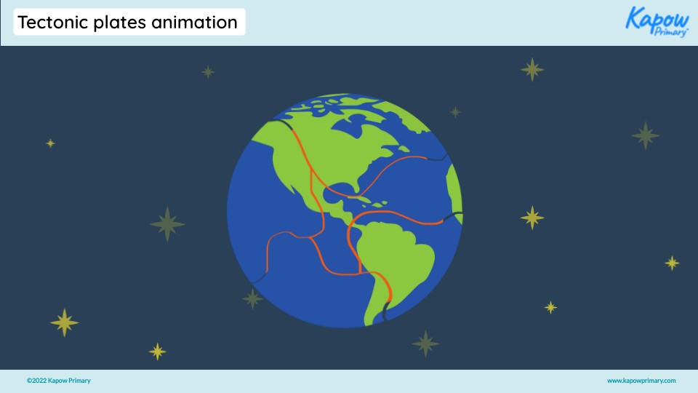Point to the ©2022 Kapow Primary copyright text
click(59, 381)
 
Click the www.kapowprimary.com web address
click(641, 381)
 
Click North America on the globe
click(320, 153)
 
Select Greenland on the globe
click(396, 116)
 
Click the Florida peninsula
click(357, 188)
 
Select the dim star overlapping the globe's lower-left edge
click(252, 298)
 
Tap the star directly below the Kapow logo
click(645, 135)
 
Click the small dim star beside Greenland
click(455, 112)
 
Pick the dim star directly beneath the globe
click(425, 344)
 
